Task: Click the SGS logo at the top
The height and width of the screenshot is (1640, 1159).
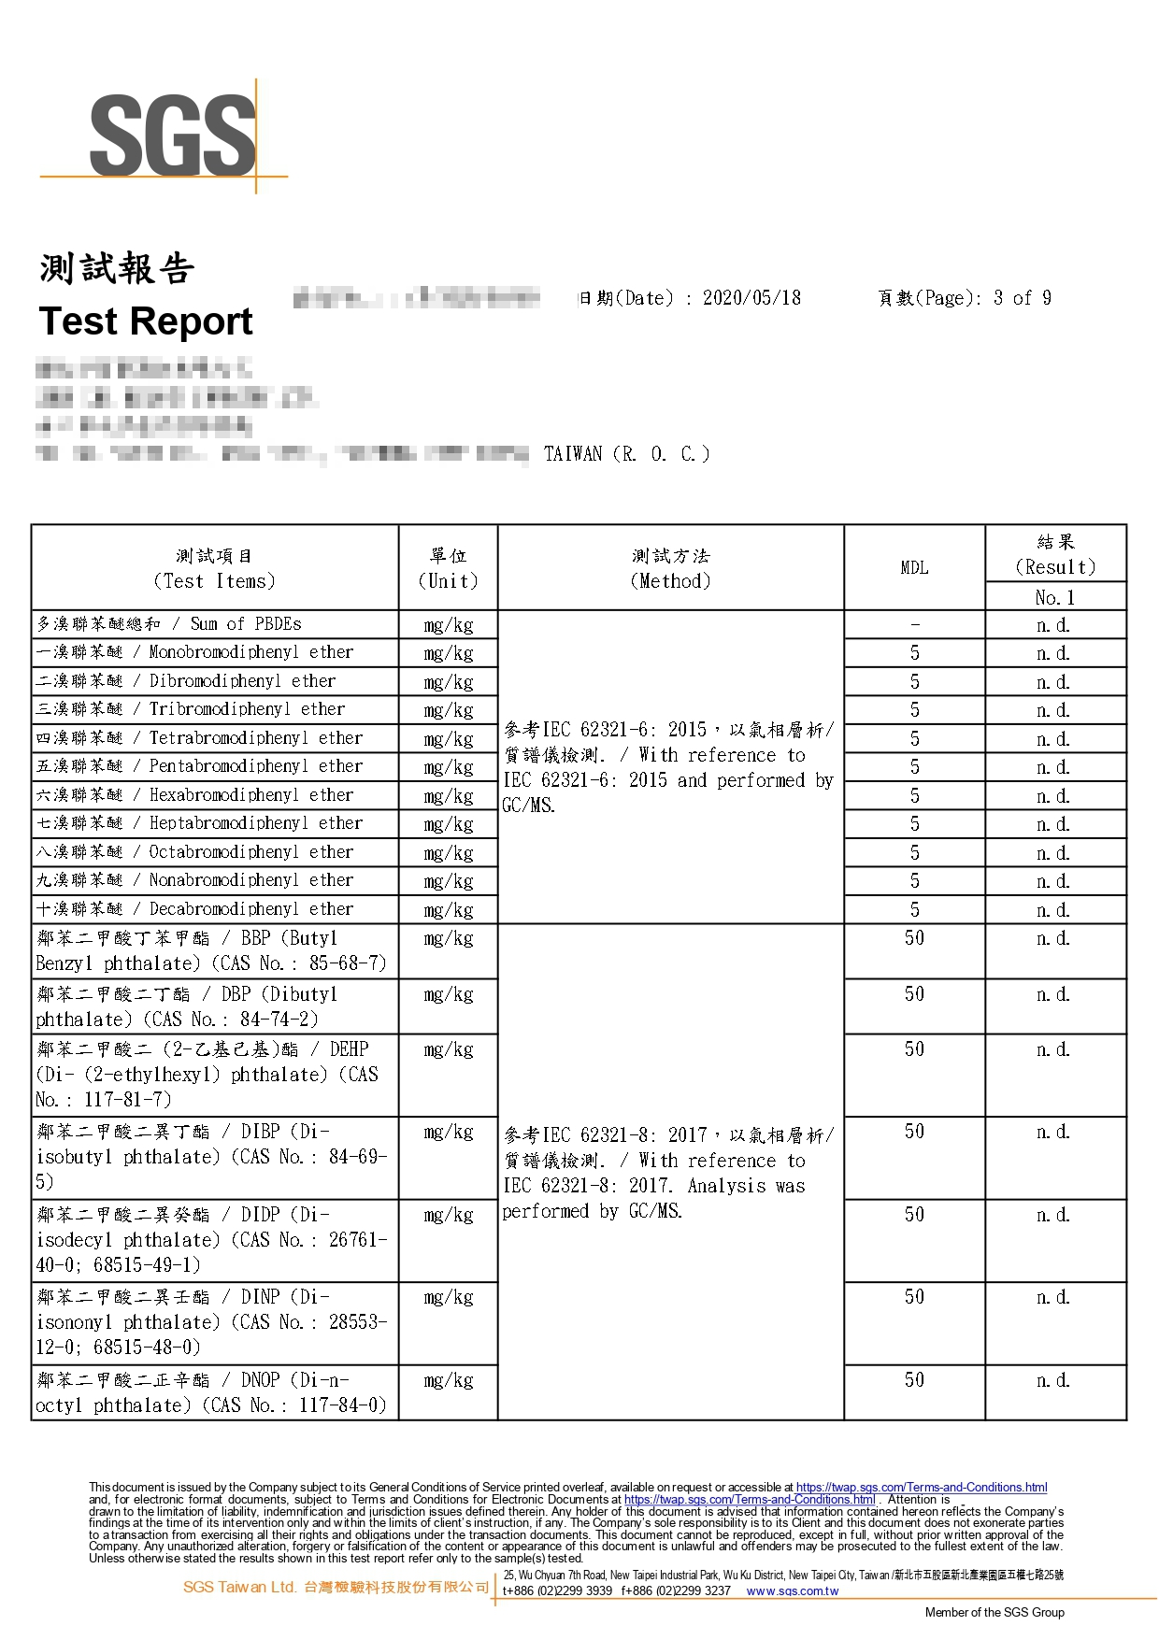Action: tap(172, 135)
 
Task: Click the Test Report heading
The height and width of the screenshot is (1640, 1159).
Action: tap(146, 321)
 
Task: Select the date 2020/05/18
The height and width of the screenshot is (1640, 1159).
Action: tap(751, 298)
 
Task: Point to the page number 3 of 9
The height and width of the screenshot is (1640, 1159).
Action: tap(1023, 298)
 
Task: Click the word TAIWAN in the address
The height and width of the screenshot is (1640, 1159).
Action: tap(573, 454)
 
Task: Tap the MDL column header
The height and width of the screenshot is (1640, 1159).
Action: tap(914, 567)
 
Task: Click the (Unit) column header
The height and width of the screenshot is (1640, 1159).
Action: tap(448, 581)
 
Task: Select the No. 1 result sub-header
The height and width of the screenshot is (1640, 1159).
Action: tap(1054, 597)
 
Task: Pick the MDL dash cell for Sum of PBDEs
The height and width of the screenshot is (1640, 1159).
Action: tap(914, 624)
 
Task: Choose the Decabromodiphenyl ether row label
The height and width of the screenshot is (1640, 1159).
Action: tap(250, 908)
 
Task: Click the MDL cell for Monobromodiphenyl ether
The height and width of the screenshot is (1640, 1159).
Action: tap(914, 652)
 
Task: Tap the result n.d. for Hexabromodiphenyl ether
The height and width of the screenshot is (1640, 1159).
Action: tap(1053, 795)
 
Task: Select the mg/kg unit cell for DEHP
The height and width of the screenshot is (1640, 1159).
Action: tap(448, 1049)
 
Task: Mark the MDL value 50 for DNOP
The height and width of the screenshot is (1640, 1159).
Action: tap(914, 1379)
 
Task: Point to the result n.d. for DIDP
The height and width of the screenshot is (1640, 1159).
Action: tap(1053, 1215)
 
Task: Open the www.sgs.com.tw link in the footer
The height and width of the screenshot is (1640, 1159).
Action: tap(792, 1590)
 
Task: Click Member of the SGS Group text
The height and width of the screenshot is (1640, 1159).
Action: tap(994, 1612)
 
